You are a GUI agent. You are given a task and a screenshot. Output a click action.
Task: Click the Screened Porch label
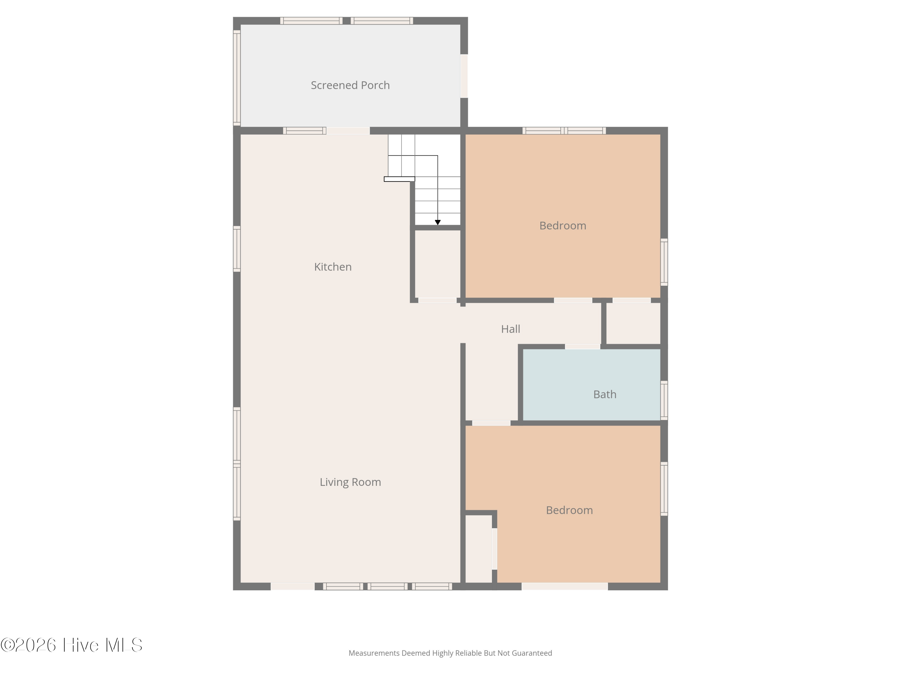[x=350, y=85]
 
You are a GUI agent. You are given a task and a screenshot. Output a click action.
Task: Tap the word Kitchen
[x=333, y=267]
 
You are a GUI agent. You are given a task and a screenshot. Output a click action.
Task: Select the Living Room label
[x=350, y=482]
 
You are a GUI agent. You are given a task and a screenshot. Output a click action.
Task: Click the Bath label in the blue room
[x=605, y=394]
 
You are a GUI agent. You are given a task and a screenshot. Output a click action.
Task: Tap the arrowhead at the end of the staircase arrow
[x=438, y=223]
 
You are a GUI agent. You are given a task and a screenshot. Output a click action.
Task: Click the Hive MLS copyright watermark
[x=72, y=645]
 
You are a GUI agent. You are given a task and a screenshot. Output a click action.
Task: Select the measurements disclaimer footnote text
[x=450, y=653]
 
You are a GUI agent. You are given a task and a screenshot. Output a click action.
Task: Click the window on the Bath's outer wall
[x=664, y=400]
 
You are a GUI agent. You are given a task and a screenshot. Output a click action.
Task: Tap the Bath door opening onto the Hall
[x=582, y=347]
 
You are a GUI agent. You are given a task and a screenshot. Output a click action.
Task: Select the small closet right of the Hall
[x=633, y=324]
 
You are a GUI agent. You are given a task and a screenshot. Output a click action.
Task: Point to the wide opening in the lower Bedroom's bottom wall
[x=565, y=586]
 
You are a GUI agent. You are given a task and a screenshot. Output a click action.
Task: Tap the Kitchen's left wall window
[x=237, y=248]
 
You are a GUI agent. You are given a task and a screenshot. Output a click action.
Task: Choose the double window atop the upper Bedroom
[x=564, y=131]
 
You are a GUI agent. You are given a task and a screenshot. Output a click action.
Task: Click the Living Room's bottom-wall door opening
[x=293, y=586]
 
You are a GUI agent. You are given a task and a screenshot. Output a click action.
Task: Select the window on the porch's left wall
[x=237, y=78]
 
